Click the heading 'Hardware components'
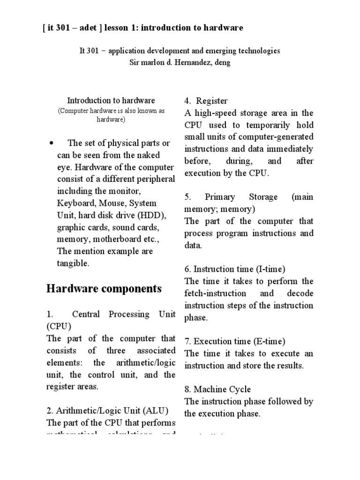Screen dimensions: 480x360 click(x=104, y=288)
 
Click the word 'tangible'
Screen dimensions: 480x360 click(x=72, y=264)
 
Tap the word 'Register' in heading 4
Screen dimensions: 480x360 click(x=212, y=101)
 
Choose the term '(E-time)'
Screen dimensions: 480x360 click(x=269, y=341)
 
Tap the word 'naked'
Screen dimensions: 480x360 click(x=147, y=155)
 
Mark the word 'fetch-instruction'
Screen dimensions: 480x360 click(x=215, y=293)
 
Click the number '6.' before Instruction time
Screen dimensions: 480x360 click(x=188, y=269)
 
